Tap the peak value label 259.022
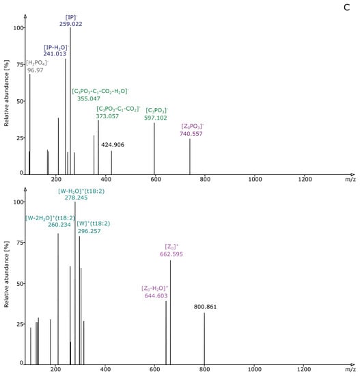(x=70, y=23)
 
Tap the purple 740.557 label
(x=192, y=134)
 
